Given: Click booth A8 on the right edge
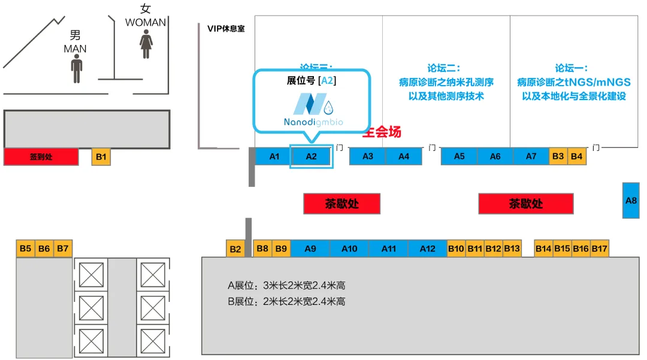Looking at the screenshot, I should click(x=631, y=200).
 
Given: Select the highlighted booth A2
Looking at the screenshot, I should click(x=310, y=156).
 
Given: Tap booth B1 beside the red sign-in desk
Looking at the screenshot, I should click(x=101, y=157).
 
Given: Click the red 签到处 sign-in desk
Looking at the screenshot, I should click(x=41, y=157).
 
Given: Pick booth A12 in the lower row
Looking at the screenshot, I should click(x=427, y=249).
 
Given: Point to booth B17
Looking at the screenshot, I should click(x=600, y=249).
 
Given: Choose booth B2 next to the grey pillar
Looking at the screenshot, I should click(x=235, y=249).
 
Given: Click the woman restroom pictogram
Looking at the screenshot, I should click(x=146, y=45).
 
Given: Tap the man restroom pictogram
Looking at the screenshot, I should click(x=76, y=69).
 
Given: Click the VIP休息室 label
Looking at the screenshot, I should click(x=226, y=28).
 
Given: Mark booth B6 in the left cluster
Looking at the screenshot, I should click(x=44, y=249).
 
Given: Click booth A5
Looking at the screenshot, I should click(x=459, y=156).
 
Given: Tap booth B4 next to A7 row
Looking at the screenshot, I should click(x=576, y=156).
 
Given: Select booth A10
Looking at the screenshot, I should click(x=349, y=249).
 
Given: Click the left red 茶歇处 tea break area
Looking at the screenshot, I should click(x=342, y=204).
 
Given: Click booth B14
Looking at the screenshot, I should click(x=543, y=249).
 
